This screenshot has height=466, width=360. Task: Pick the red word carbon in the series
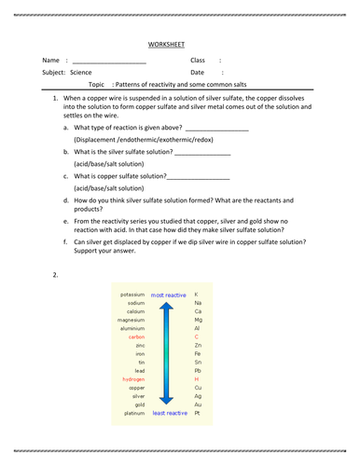click(x=136, y=336)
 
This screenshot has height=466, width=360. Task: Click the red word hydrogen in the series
click(x=132, y=378)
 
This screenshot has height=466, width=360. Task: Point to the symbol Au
click(x=197, y=404)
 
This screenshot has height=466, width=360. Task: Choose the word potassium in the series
click(x=132, y=295)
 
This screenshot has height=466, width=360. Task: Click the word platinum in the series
click(x=133, y=412)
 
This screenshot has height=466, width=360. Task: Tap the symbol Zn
click(x=197, y=345)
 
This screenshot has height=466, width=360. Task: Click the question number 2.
click(x=56, y=275)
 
